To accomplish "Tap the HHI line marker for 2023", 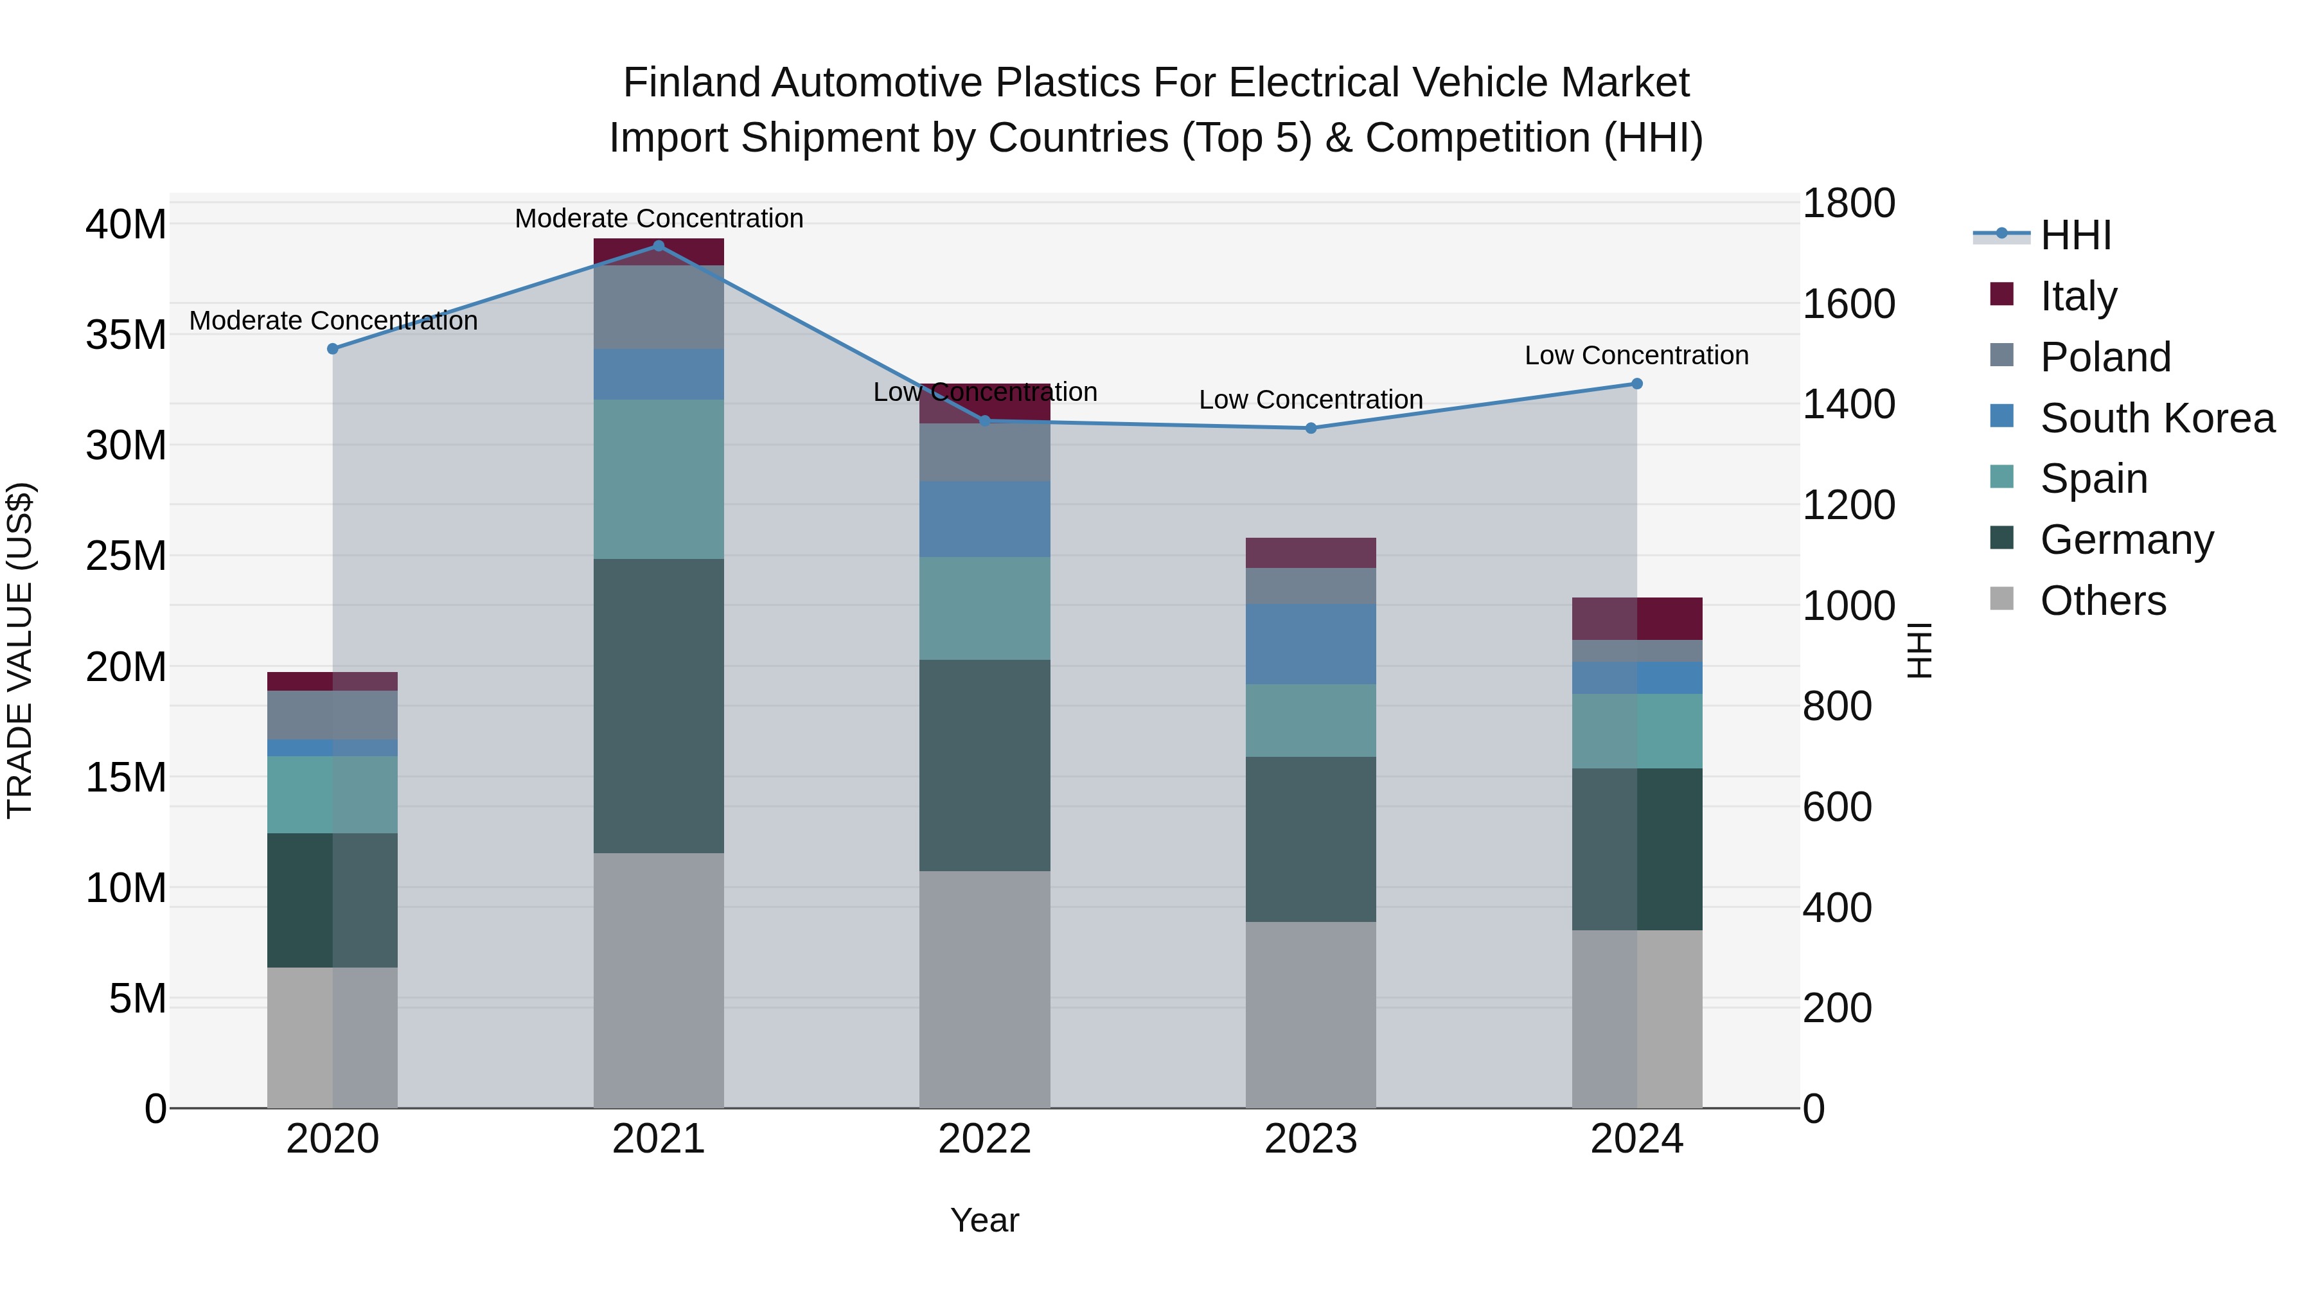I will click(x=1310, y=429).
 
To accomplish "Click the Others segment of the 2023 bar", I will click(x=1310, y=1014).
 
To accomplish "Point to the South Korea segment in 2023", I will click(x=1310, y=644).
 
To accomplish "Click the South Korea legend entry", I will click(x=2157, y=418).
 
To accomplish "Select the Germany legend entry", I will click(x=2126, y=540).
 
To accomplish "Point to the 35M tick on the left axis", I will click(x=126, y=335).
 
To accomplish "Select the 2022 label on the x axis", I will click(x=984, y=1139).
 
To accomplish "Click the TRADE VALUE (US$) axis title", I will click(x=21, y=650).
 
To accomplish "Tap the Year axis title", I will click(x=984, y=1220).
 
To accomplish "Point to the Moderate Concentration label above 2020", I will click(x=333, y=321).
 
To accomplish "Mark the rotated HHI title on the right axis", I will click(x=1918, y=650).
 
